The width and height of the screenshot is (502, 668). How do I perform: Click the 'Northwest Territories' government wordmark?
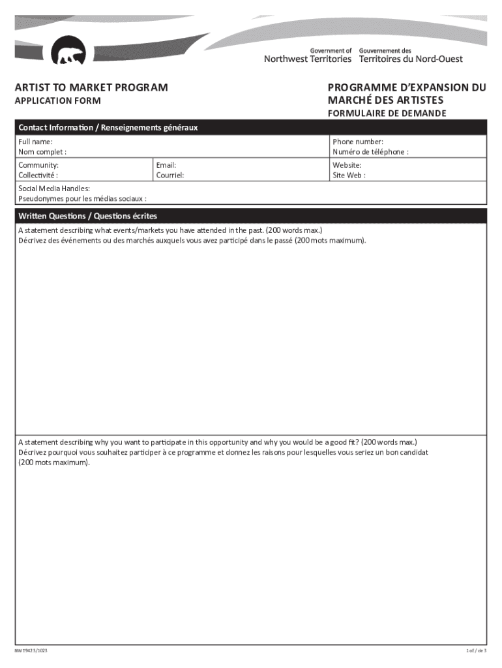coord(307,59)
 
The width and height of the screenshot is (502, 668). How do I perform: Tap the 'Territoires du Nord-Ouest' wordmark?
coord(411,59)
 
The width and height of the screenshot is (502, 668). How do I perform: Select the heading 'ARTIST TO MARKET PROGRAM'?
coord(92,87)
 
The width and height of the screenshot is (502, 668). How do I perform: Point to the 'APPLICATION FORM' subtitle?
coord(59,101)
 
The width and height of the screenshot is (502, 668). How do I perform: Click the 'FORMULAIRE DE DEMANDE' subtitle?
coord(387,114)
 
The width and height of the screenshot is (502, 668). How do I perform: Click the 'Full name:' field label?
coord(36,142)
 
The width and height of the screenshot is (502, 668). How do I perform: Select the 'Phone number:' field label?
coord(358,142)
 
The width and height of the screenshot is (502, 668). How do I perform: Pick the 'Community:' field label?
coord(38,165)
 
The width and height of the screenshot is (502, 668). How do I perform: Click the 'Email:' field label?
coord(166,165)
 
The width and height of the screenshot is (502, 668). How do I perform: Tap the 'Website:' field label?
coord(347,165)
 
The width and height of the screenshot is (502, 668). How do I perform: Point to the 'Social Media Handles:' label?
coord(54,189)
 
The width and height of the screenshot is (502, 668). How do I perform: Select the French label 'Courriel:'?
coord(170,175)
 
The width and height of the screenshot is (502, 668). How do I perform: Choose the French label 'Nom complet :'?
coord(42,152)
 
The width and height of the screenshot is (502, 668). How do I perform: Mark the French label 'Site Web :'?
coord(349,175)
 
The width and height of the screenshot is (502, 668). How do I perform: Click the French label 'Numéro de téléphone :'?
coord(370,152)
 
